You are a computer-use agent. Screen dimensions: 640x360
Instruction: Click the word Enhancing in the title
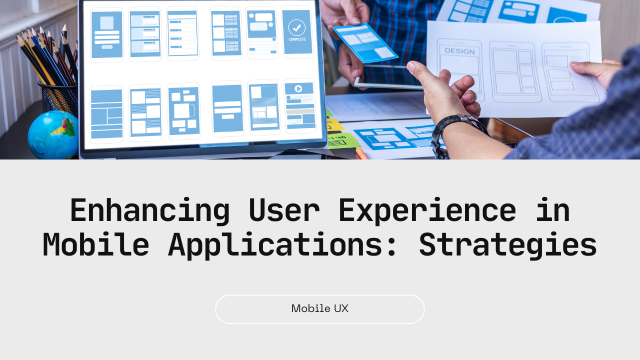149,211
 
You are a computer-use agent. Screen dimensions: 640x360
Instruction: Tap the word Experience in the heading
427,211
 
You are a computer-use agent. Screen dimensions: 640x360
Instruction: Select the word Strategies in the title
508,245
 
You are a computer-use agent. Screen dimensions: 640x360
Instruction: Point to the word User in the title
284,211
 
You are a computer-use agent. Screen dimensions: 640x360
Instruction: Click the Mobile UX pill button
319,309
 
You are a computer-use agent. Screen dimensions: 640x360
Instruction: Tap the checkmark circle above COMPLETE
297,27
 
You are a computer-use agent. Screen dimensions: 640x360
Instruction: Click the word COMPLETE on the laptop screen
297,39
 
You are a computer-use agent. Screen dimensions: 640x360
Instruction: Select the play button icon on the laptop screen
298,88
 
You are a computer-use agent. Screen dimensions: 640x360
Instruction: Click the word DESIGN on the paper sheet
459,51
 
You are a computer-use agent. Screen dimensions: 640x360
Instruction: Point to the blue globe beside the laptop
53,135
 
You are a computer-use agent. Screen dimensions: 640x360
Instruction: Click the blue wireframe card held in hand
365,43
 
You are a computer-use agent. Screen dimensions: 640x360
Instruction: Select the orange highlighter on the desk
361,153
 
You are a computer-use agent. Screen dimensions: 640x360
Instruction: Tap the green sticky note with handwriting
343,140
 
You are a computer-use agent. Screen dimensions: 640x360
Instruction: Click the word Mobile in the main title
96,245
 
